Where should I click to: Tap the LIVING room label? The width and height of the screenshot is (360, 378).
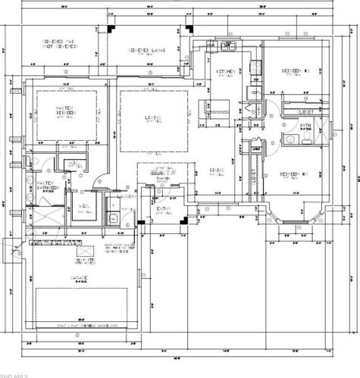(150, 117)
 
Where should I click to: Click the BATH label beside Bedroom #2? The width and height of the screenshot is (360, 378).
(305, 126)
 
